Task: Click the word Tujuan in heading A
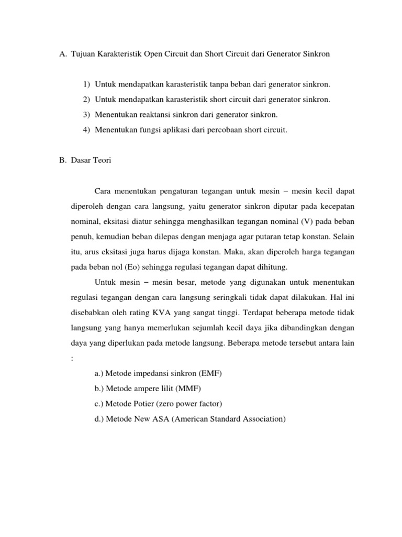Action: click(x=82, y=54)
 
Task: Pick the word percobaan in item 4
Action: click(x=222, y=129)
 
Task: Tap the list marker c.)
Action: click(x=99, y=404)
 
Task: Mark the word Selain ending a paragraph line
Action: click(x=344, y=237)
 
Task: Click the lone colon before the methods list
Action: click(x=72, y=359)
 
